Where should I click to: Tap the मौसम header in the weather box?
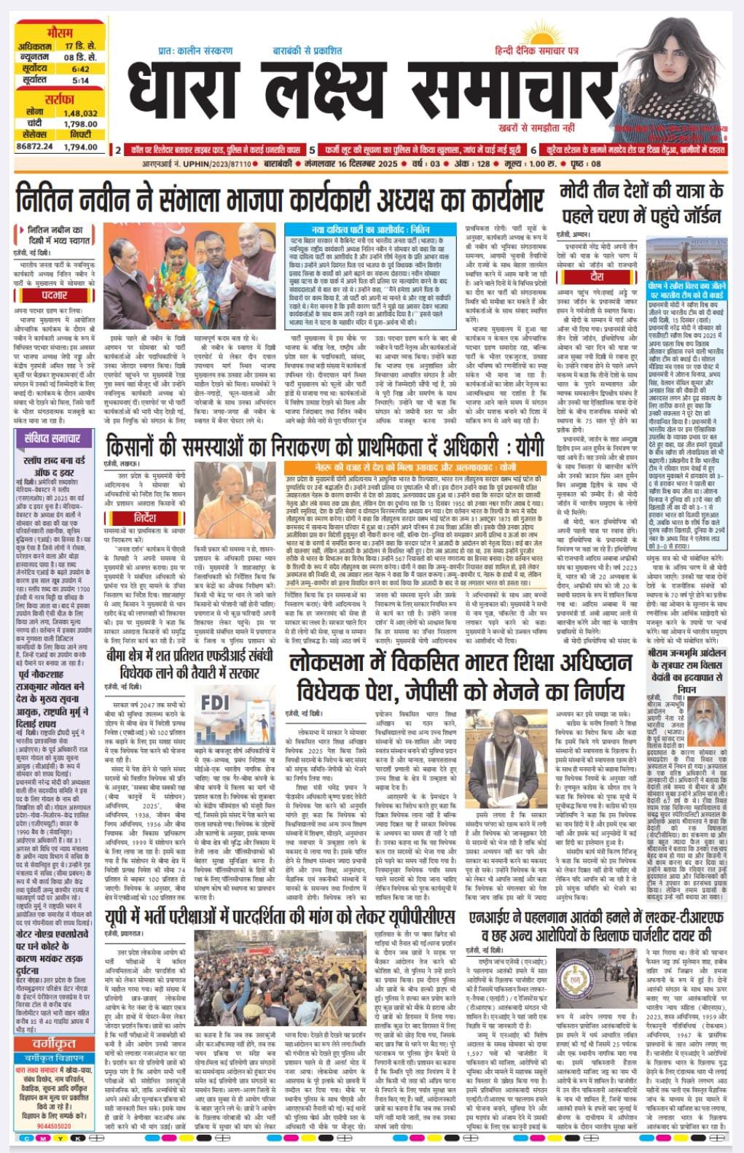coord(59,34)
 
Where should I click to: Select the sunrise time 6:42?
coord(80,69)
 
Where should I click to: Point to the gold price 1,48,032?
coord(80,114)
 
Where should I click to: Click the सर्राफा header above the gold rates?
coord(59,99)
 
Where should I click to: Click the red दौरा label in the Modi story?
coord(597,278)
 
